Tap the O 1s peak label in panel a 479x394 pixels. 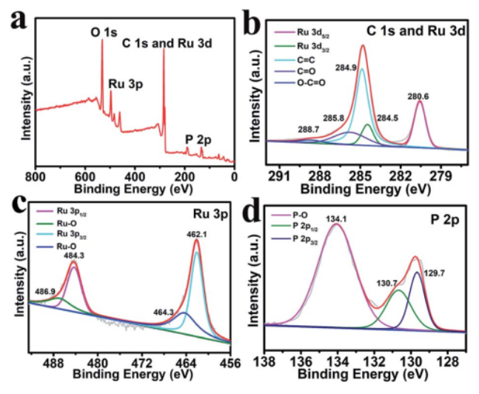pos(104,33)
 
